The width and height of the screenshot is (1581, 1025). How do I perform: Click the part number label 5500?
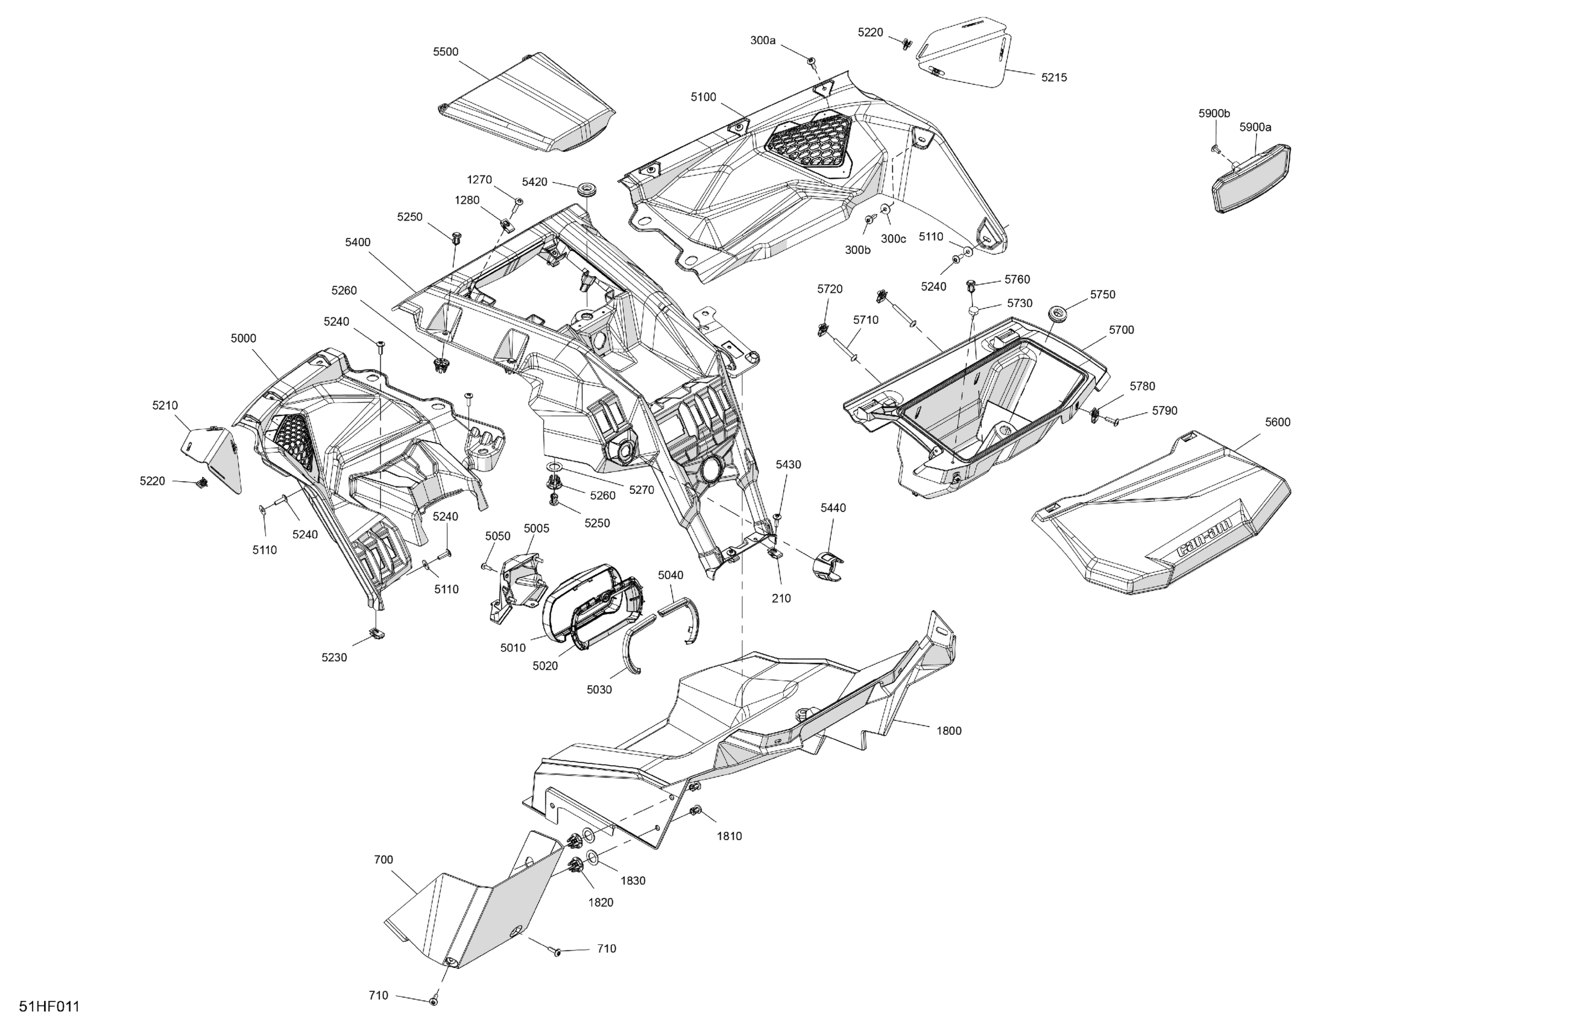[445, 52]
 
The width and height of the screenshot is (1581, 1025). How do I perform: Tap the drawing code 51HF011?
[49, 1006]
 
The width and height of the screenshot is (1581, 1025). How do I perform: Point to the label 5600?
[1278, 422]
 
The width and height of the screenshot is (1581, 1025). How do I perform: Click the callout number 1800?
[948, 731]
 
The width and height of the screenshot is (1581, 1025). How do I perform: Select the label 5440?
[833, 508]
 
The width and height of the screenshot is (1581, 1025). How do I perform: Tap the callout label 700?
[383, 860]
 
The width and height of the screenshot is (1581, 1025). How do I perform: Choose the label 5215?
[1053, 78]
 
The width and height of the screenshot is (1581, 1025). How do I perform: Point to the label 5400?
[358, 242]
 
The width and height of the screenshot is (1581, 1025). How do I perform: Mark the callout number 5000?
[243, 338]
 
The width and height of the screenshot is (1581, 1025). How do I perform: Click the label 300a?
[763, 40]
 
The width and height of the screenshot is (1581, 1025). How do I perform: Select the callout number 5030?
[599, 690]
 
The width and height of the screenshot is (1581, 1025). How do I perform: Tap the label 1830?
[633, 881]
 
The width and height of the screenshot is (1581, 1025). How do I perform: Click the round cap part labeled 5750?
[1056, 313]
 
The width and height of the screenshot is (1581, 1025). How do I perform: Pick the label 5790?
[1164, 411]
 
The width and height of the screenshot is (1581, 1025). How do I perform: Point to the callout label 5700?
[1122, 330]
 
